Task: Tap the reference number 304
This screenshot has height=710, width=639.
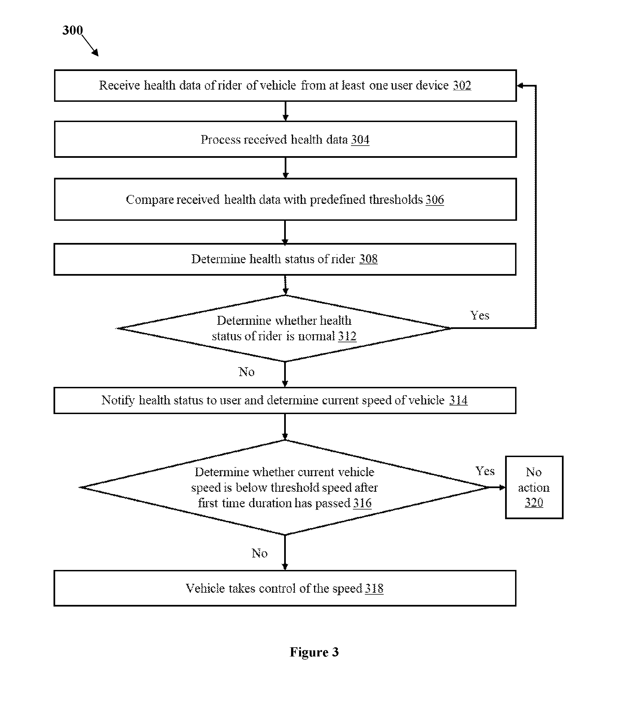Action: [360, 140]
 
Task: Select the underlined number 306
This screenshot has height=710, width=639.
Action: [435, 199]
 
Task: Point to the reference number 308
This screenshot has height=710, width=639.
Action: [368, 259]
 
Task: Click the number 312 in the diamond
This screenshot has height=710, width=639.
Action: [347, 336]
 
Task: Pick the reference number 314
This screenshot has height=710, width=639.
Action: [459, 400]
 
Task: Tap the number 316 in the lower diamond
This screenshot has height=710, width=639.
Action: [362, 503]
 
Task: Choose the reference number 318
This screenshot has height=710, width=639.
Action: [374, 589]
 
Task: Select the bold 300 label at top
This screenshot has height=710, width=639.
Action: [73, 30]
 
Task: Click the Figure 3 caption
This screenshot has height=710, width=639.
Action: [314, 652]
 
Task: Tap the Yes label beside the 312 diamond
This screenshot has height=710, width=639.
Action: [480, 315]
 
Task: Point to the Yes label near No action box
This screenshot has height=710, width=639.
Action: [485, 471]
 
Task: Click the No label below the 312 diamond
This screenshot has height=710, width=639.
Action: [246, 372]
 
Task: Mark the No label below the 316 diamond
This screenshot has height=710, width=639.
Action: [259, 553]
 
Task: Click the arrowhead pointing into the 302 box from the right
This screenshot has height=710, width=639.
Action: [520, 85]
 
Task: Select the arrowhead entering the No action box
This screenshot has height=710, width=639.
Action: [502, 487]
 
